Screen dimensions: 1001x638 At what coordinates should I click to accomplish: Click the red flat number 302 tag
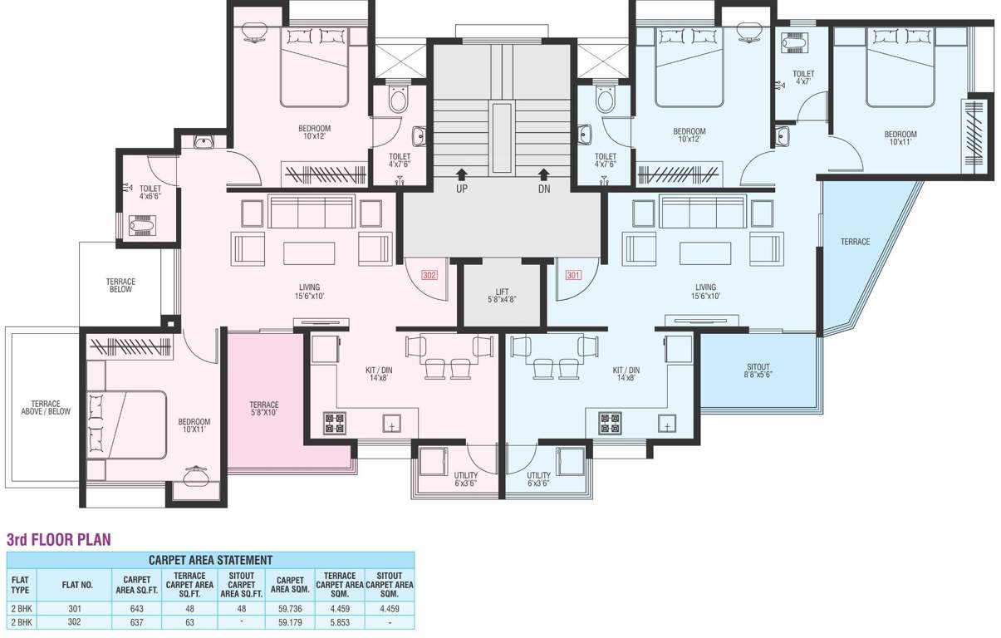pyautogui.click(x=429, y=275)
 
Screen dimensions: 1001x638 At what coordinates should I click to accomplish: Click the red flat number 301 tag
pyautogui.click(x=573, y=275)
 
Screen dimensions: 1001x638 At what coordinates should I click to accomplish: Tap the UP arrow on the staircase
pyautogui.click(x=462, y=174)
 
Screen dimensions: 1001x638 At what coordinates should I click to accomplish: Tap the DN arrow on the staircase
pyautogui.click(x=543, y=174)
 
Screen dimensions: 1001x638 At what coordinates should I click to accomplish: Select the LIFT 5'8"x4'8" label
pyautogui.click(x=502, y=296)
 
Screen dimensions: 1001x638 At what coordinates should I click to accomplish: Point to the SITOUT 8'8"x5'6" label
pyautogui.click(x=758, y=371)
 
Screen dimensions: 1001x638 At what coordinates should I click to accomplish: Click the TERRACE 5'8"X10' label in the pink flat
pyautogui.click(x=264, y=409)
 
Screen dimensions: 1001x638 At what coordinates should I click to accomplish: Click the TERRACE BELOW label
pyautogui.click(x=120, y=286)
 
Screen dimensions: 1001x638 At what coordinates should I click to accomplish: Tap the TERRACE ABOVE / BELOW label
pyautogui.click(x=46, y=407)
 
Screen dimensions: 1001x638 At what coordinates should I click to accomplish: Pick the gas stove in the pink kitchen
pyautogui.click(x=335, y=423)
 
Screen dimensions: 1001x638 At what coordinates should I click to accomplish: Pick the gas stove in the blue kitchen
pyautogui.click(x=610, y=423)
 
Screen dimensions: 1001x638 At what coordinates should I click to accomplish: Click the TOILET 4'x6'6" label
pyautogui.click(x=150, y=192)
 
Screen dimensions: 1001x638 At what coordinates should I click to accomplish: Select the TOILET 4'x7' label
pyautogui.click(x=803, y=78)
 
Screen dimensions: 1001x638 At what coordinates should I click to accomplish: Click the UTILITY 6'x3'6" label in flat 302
pyautogui.click(x=466, y=479)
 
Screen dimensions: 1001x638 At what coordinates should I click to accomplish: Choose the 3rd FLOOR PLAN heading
pyautogui.click(x=58, y=540)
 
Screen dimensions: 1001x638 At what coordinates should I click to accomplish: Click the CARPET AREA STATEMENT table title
pyautogui.click(x=210, y=560)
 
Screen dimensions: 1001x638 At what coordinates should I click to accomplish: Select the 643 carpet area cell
pyautogui.click(x=137, y=609)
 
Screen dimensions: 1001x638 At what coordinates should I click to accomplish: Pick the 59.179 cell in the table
pyautogui.click(x=290, y=622)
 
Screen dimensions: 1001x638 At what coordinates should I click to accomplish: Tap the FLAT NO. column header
pyautogui.click(x=77, y=585)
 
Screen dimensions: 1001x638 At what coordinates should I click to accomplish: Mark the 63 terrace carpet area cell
pyautogui.click(x=189, y=622)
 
